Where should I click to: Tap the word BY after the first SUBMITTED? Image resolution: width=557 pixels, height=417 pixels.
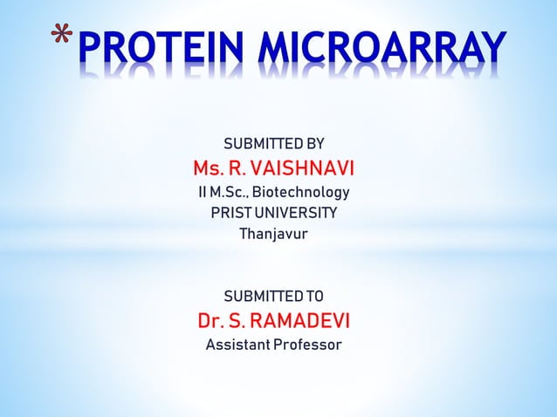tap(315, 144)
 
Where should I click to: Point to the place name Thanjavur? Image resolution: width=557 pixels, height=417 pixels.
tap(273, 235)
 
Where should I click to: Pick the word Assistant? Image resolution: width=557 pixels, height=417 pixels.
tap(237, 345)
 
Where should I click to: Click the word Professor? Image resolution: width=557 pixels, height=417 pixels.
tap(307, 345)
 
